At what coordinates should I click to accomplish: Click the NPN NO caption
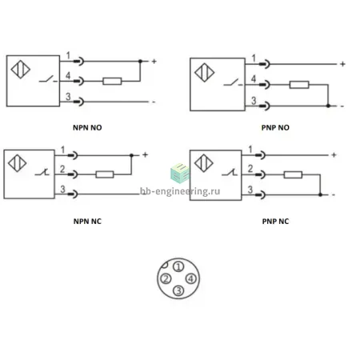tap(87, 127)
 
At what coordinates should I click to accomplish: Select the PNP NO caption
tap(275, 127)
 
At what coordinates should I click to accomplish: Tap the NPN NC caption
tap(87, 222)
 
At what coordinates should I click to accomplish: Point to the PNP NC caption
tap(275, 222)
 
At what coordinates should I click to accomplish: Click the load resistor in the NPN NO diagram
tap(112, 81)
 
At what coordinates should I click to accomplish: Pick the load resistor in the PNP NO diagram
tap(299, 85)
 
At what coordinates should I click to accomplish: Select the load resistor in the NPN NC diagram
tap(105, 174)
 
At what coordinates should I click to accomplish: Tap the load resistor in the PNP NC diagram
tap(293, 175)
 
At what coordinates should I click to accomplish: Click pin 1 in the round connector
tap(178, 266)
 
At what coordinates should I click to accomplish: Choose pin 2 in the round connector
tap(166, 279)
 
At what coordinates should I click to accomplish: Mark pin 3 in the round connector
tap(178, 290)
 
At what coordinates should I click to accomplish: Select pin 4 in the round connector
tap(190, 279)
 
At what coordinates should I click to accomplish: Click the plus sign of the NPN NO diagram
tap(154, 62)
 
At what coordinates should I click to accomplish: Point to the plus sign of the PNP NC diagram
tap(334, 155)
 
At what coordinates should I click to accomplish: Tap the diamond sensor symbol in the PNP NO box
tap(205, 73)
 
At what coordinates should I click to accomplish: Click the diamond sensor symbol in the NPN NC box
tap(18, 163)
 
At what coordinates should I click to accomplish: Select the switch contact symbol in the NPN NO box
tap(48, 79)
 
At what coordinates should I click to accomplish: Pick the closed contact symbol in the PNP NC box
tap(230, 173)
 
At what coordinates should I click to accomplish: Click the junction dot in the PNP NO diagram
tap(328, 106)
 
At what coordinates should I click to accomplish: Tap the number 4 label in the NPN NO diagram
tap(68, 76)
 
